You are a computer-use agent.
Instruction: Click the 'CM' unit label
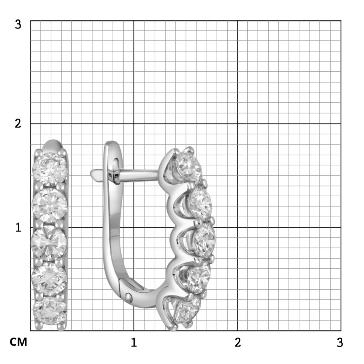click(x=18, y=342)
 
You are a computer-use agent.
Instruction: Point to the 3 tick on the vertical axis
click(x=18, y=24)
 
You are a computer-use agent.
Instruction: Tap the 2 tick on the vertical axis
click(x=18, y=123)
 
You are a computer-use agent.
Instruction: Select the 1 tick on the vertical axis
click(x=18, y=227)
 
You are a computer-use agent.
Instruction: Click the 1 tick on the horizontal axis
click(x=134, y=342)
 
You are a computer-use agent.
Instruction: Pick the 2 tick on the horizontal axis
click(x=238, y=342)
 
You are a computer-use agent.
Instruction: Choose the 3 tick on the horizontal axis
click(x=340, y=342)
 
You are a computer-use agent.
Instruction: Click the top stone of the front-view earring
click(x=50, y=169)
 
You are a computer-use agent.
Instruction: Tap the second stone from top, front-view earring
click(x=50, y=205)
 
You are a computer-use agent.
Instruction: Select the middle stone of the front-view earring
click(x=49, y=243)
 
